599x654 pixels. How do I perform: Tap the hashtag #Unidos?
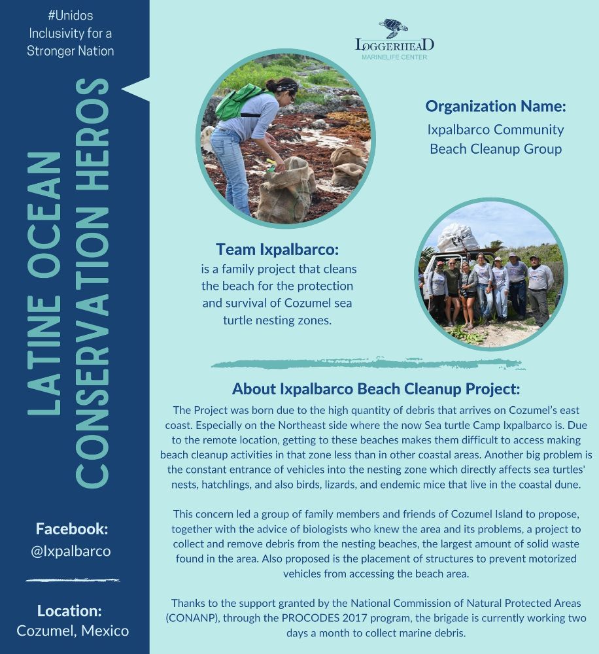tap(70, 15)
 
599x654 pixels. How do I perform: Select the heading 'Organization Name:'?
tap(495, 106)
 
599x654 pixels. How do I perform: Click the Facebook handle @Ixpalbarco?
tap(71, 551)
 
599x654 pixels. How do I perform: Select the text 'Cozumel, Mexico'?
tap(73, 631)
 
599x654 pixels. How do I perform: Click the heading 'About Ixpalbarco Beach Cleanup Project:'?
tap(375, 389)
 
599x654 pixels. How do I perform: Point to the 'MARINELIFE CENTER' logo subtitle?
tap(394, 58)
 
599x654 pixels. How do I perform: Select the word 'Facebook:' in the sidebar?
tap(72, 529)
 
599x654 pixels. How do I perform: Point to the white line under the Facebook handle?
tap(73, 580)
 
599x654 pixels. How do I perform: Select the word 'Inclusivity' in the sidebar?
tap(57, 33)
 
